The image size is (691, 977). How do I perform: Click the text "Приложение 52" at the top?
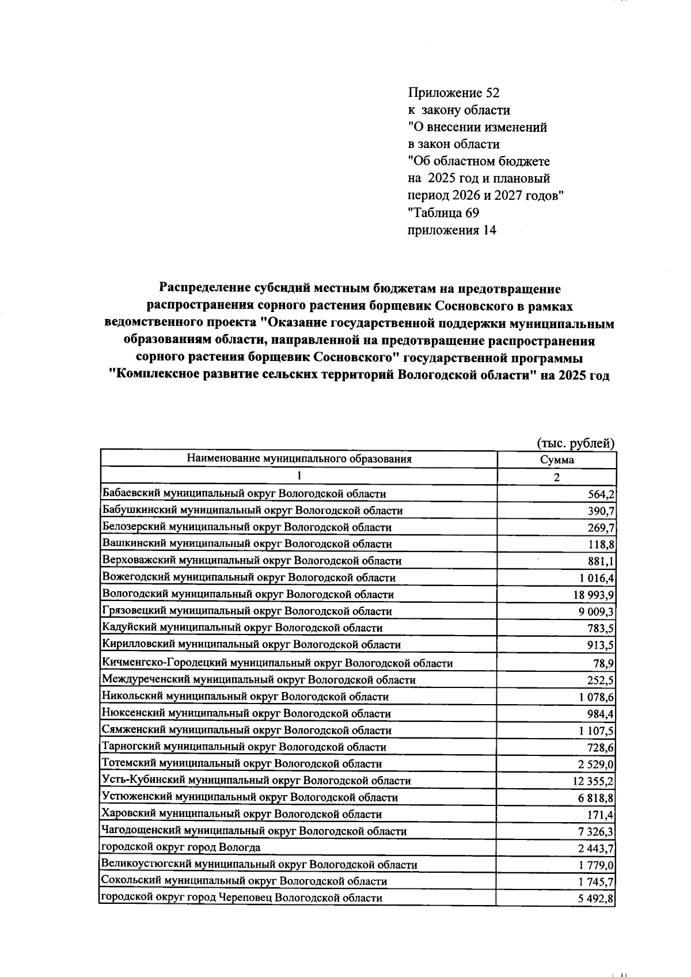454,93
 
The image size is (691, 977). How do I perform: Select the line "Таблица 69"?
443,213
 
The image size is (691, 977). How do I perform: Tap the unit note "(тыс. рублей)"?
576,443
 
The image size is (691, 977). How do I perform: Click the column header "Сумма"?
557,460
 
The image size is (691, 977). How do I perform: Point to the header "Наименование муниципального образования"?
299,459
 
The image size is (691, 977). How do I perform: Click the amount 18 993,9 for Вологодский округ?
591,595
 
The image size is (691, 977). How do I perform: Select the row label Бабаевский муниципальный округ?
244,493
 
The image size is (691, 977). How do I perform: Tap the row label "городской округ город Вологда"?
181,847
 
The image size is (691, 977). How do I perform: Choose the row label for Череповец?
242,898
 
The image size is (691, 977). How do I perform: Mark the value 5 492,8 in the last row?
595,899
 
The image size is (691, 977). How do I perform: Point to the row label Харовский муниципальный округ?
241,814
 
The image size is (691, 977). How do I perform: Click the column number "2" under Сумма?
557,477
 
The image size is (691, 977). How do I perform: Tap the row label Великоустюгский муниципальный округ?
259,865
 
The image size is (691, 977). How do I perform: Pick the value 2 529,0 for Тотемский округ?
595,765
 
